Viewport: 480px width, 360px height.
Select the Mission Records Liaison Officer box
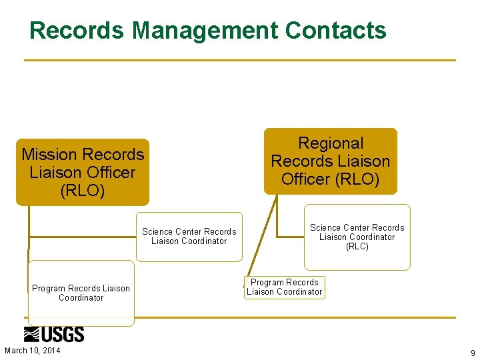tap(83, 172)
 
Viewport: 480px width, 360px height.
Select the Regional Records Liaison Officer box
tap(330, 161)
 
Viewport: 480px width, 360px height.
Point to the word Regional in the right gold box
tap(331, 143)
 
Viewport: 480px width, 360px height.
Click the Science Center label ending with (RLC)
tap(357, 237)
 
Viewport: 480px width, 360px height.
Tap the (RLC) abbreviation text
tap(357, 247)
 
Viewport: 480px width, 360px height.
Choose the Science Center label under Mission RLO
tap(189, 237)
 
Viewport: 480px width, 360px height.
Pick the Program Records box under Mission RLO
tap(81, 293)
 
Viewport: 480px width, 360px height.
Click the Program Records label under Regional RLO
tap(284, 287)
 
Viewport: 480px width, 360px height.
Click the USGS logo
tap(54, 334)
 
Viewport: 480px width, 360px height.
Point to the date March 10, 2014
tap(32, 351)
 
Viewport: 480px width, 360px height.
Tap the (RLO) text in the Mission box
tap(83, 191)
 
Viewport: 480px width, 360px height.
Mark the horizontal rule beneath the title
tap(240, 61)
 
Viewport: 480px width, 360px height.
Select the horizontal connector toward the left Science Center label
tap(83, 237)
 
